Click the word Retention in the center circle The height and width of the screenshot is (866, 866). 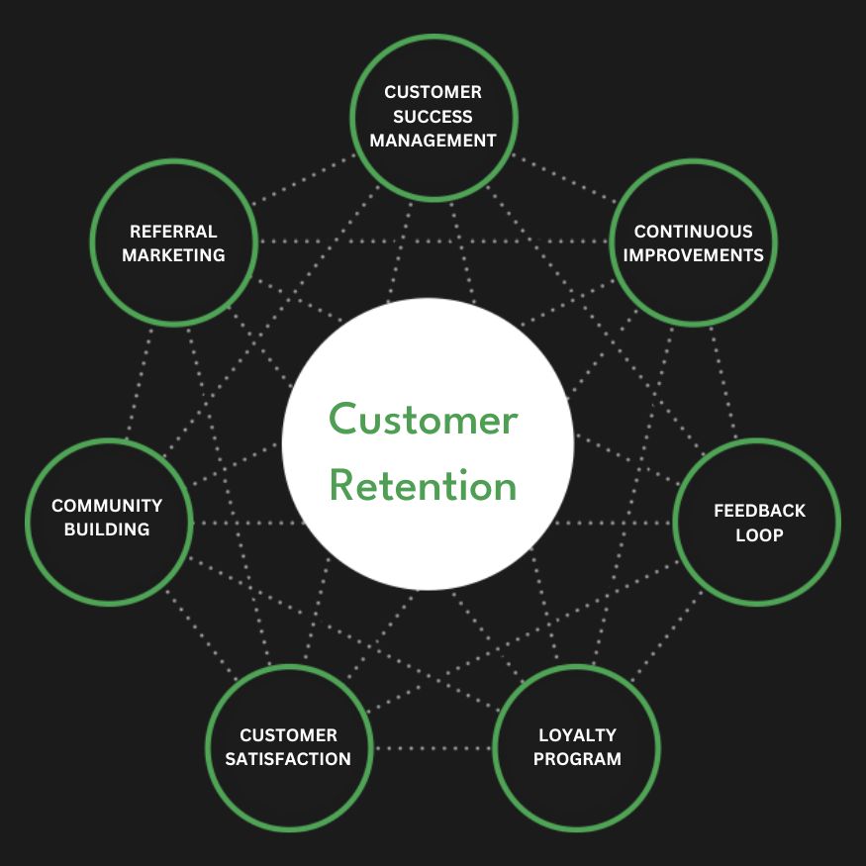[424, 486]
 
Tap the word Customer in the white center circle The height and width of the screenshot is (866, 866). [424, 420]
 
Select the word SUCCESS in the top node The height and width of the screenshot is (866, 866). [433, 116]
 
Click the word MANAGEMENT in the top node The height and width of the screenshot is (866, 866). [433, 141]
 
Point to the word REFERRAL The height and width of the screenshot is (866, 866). [173, 232]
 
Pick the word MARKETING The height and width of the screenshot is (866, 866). [173, 255]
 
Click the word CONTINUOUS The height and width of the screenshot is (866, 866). [693, 232]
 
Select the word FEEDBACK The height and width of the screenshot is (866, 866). [759, 511]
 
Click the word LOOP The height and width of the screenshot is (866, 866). [759, 534]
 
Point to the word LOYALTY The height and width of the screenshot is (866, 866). [577, 735]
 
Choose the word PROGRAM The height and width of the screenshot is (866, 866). [577, 759]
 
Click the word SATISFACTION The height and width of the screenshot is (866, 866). [288, 759]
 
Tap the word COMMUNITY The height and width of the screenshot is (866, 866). [107, 505]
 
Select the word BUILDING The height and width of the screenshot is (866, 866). [107, 529]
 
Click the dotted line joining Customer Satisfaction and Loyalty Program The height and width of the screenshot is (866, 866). [433, 747]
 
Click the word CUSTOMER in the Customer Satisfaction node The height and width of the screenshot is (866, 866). [288, 735]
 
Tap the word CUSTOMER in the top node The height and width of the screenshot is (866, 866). [433, 92]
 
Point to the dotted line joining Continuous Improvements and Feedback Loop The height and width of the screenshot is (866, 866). [725, 381]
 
